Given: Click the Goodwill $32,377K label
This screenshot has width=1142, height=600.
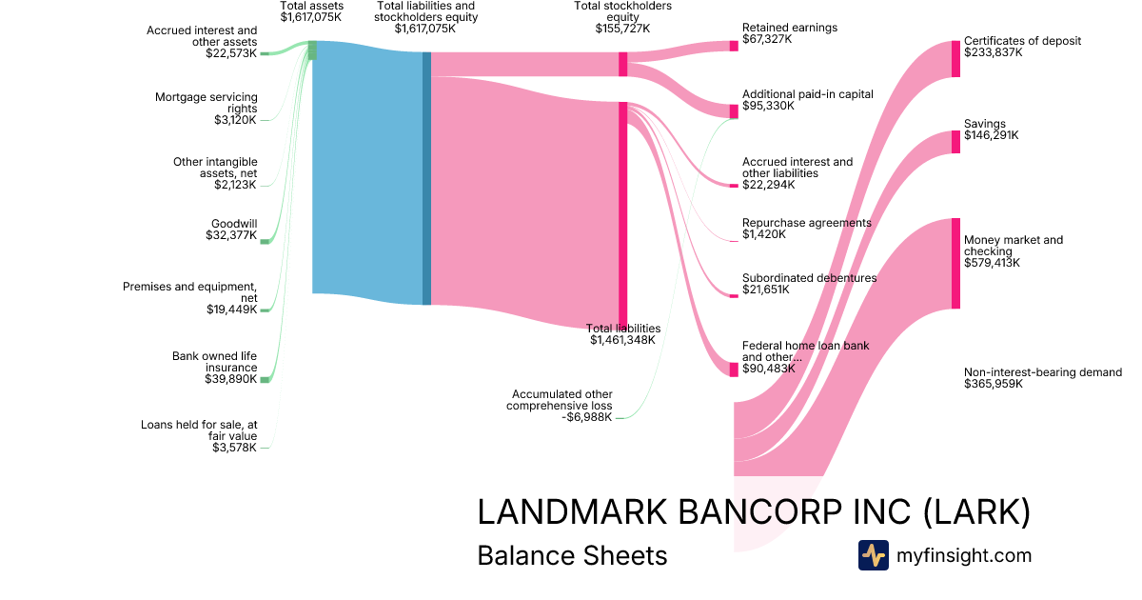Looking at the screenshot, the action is pyautogui.click(x=232, y=230).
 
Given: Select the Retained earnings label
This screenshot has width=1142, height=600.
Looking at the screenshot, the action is pyautogui.click(x=790, y=33).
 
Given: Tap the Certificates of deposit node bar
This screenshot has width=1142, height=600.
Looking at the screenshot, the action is pyautogui.click(x=955, y=59).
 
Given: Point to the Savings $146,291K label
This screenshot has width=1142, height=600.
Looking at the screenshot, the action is pyautogui.click(x=991, y=130).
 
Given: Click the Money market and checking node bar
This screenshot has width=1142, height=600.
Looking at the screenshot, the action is pyautogui.click(x=955, y=264).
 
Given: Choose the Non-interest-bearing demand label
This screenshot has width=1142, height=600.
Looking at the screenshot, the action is pyautogui.click(x=1042, y=378).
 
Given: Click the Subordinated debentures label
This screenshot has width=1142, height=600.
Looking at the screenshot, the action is pyautogui.click(x=809, y=284).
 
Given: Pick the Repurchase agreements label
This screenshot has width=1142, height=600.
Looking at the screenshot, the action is pyautogui.click(x=806, y=229).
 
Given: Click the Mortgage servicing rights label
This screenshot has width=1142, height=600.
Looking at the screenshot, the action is pyautogui.click(x=206, y=109).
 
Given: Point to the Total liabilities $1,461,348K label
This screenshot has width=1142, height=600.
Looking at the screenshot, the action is pyautogui.click(x=624, y=333).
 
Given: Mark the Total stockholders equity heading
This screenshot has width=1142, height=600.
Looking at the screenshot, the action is pyautogui.click(x=622, y=17).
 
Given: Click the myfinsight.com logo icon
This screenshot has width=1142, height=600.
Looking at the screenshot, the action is pyautogui.click(x=873, y=555).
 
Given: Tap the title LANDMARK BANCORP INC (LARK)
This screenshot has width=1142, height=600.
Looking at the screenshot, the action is pyautogui.click(x=753, y=512).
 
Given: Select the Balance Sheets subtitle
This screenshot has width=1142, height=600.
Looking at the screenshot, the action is pyautogui.click(x=572, y=555).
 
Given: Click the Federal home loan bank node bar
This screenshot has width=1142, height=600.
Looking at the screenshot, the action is pyautogui.click(x=734, y=370).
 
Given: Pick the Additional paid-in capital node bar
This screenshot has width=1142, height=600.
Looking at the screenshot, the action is pyautogui.click(x=734, y=111).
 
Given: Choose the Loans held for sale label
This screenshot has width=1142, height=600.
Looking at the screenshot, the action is pyautogui.click(x=199, y=436).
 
